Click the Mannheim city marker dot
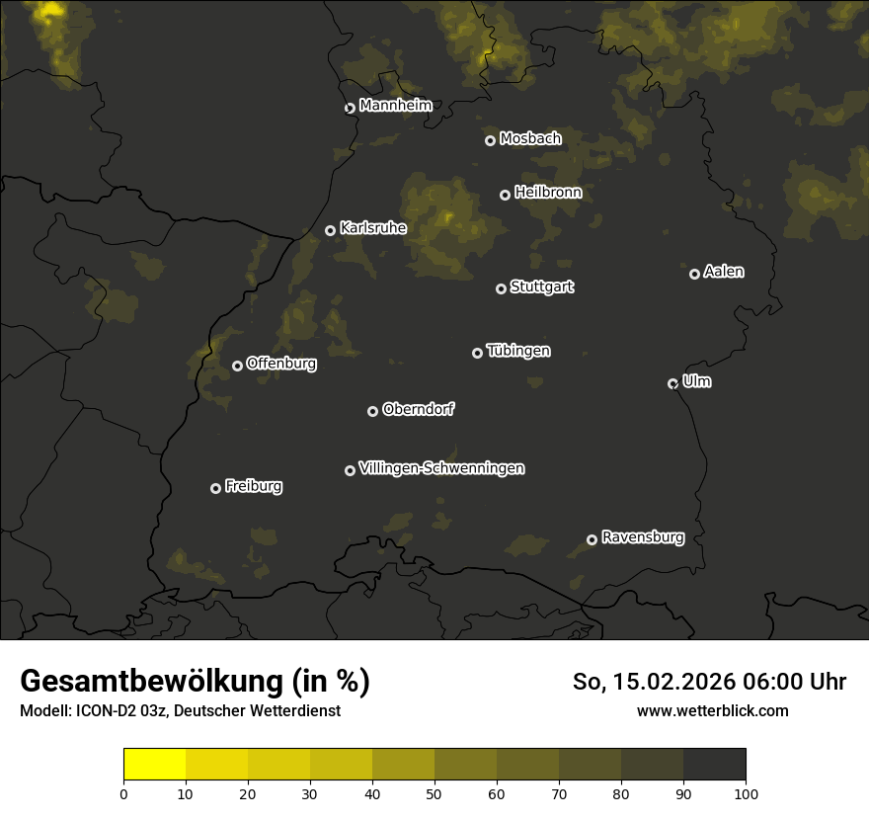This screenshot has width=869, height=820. tap(350, 109)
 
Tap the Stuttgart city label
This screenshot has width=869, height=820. tap(541, 287)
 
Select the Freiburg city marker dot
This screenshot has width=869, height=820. tap(215, 488)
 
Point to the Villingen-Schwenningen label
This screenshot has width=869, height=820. tap(441, 468)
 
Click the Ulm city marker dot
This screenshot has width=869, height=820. tap(672, 383)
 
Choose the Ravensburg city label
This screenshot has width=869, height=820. tap(642, 537)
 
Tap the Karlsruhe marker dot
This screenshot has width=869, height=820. tap(330, 230)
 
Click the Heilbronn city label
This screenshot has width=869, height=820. tap(548, 193)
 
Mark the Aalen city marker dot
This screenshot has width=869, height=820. tap(694, 274)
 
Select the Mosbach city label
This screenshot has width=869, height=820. tap(529, 138)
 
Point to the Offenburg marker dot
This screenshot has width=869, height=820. tap(237, 366)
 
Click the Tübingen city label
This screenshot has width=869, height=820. tap(518, 351)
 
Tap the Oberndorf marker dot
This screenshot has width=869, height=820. tap(372, 411)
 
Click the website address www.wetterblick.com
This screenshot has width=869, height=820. tap(712, 710)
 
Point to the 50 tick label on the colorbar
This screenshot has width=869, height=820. tap(434, 793)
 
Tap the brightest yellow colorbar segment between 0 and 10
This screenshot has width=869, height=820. tap(155, 765)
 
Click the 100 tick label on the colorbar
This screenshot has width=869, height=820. tap(746, 793)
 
